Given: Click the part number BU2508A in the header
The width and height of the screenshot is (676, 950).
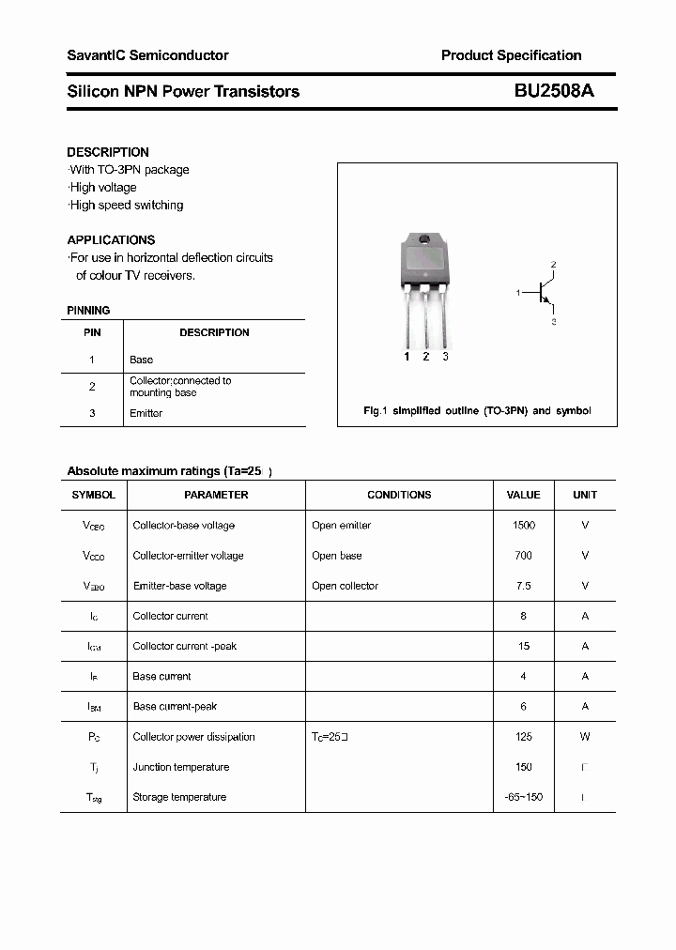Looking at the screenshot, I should [x=553, y=91].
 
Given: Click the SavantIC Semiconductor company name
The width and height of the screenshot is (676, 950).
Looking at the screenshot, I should [x=147, y=55].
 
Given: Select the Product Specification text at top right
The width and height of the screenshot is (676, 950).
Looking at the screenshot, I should [x=511, y=55].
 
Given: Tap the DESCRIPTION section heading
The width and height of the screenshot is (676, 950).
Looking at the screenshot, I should [x=108, y=152].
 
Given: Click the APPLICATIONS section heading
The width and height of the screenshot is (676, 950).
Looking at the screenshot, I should [x=111, y=239].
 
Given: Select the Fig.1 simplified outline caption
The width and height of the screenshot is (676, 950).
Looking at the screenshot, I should [x=477, y=411].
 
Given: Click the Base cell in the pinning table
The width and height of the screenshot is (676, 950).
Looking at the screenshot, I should [x=141, y=360].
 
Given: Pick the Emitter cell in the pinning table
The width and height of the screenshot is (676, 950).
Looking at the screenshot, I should [x=146, y=413].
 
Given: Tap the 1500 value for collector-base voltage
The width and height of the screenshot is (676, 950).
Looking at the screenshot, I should [x=523, y=526].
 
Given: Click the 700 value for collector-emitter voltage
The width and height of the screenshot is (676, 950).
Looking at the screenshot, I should [x=523, y=556].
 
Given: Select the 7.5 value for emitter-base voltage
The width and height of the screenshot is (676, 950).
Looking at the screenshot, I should [x=523, y=586].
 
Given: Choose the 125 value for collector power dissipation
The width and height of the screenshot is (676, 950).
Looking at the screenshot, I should [x=523, y=737].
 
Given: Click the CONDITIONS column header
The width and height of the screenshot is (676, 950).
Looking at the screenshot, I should [x=399, y=495].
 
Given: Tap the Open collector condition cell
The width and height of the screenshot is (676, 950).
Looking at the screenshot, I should [x=345, y=586].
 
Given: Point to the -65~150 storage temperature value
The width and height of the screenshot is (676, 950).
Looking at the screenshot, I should [x=523, y=797].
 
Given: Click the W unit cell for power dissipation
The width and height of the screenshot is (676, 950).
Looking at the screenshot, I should [x=585, y=737].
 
